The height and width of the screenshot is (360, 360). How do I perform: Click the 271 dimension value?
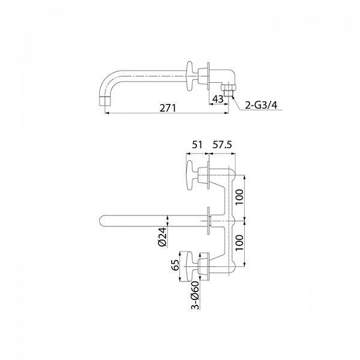point(168,108)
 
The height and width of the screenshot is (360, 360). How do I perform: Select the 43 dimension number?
point(218,99)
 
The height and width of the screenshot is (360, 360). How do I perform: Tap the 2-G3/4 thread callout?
point(261,105)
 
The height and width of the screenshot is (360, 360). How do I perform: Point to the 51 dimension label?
point(197,145)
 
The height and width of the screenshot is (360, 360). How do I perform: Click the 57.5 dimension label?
point(222,145)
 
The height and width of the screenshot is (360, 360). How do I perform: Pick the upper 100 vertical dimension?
point(239,197)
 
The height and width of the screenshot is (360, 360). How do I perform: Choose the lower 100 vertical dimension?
point(239,242)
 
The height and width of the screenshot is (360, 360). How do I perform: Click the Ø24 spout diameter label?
point(163,237)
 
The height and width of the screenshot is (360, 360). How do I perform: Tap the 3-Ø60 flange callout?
point(195,295)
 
